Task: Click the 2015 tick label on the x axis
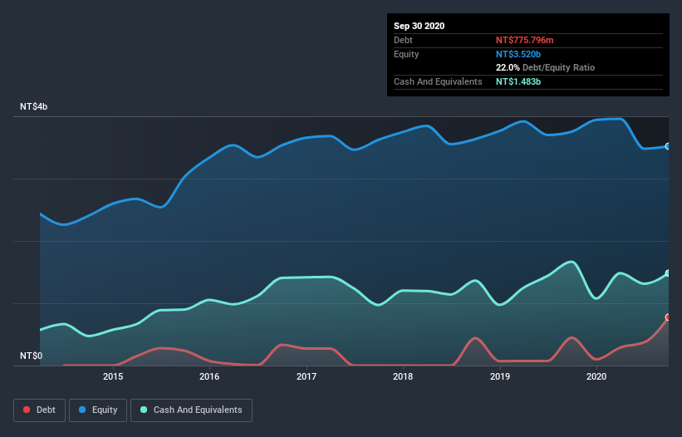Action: coord(113,376)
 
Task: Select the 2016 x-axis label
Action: coord(209,376)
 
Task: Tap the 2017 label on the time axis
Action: coord(307,376)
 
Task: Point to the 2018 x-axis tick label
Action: coord(403,376)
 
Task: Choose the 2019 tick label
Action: coord(500,376)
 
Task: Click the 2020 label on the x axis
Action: coord(596,376)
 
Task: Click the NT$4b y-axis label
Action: coord(34,107)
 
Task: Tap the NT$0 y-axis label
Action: coord(31,356)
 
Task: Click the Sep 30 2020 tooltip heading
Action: coord(420,26)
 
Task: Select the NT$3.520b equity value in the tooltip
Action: coord(519,54)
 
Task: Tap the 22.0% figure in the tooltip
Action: coord(508,67)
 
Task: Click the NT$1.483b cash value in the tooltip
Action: coord(519,81)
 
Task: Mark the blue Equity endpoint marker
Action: coord(668,146)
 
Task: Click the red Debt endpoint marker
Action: coord(668,317)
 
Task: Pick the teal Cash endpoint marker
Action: coord(668,273)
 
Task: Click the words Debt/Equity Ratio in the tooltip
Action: coord(558,67)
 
